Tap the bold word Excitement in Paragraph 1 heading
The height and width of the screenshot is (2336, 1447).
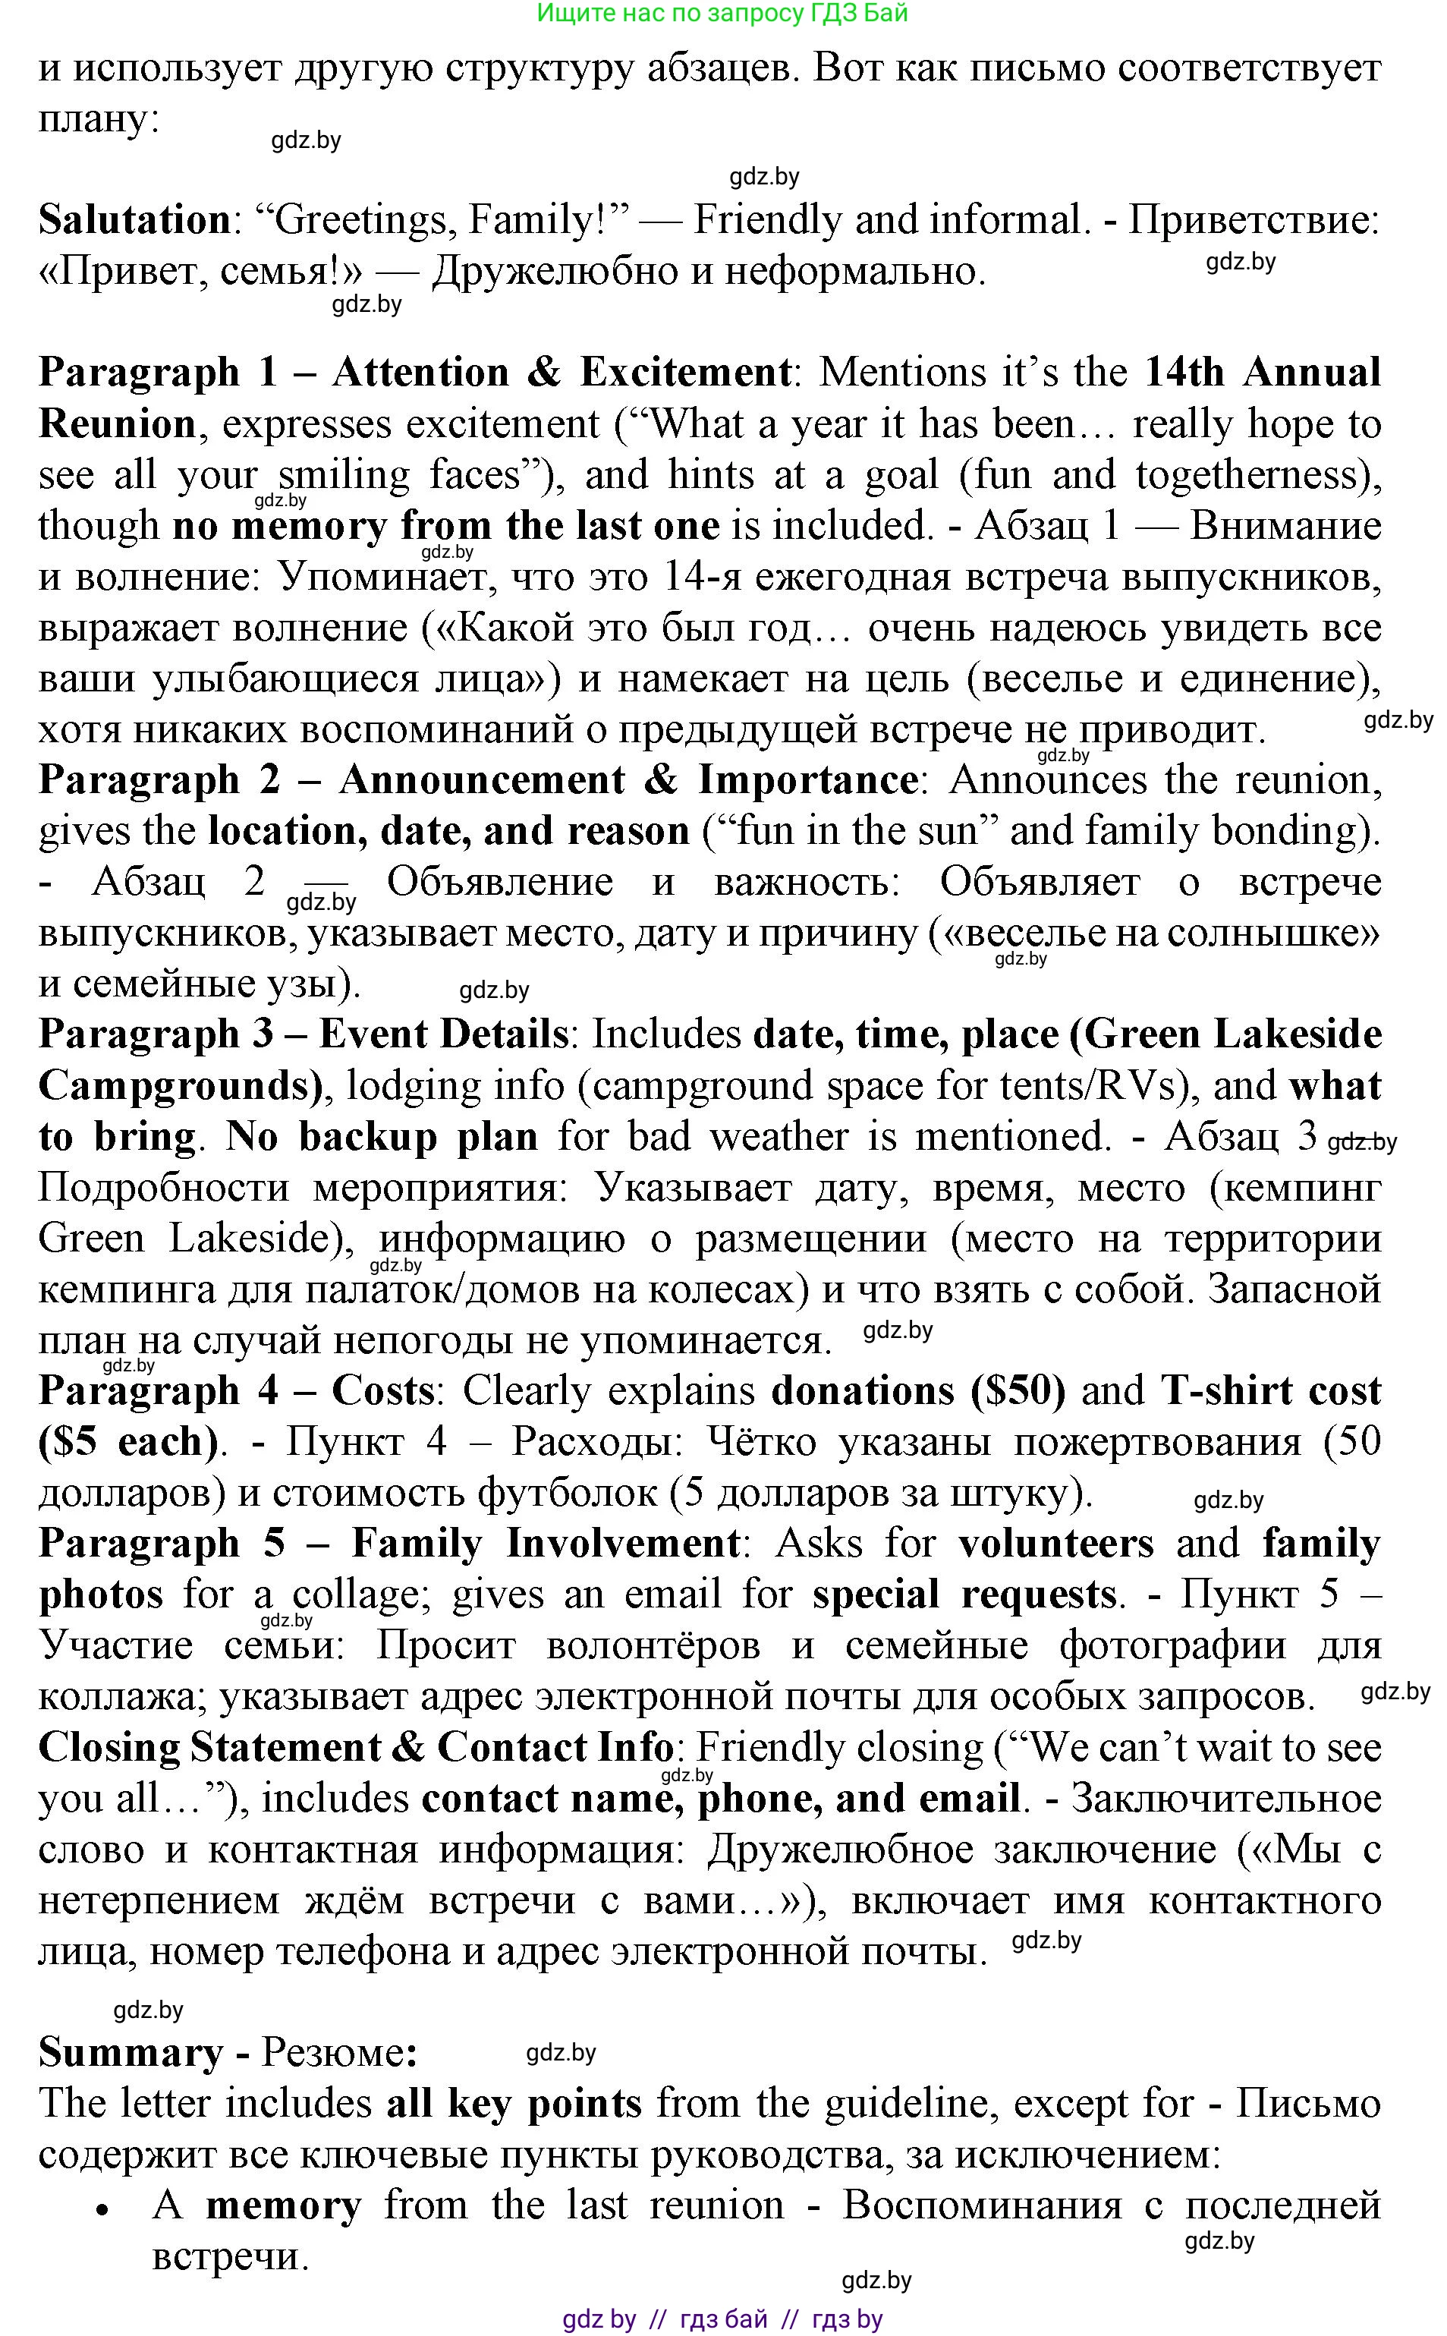click(685, 373)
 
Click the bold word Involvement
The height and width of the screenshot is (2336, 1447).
click(622, 1543)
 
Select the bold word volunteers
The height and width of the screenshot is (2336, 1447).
click(1056, 1543)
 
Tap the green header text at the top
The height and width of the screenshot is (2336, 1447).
click(722, 14)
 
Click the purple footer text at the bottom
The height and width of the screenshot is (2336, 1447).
click(722, 2318)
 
